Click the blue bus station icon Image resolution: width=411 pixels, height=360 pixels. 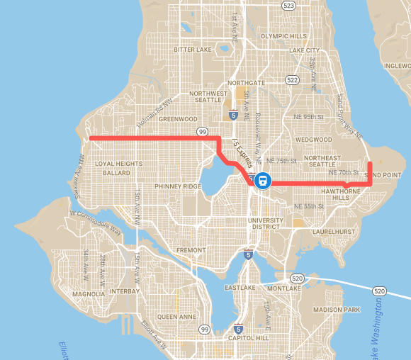[x=262, y=180]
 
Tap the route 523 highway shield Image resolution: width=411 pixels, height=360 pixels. [x=287, y=5]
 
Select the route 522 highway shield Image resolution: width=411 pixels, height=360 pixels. [x=292, y=81]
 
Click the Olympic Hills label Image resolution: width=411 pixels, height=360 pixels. [x=283, y=35]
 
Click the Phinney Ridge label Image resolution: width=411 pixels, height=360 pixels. [x=164, y=186]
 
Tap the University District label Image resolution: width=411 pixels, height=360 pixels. [x=265, y=224]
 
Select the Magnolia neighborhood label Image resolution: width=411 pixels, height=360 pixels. [x=89, y=293]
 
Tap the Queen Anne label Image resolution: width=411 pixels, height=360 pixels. [x=177, y=317]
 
